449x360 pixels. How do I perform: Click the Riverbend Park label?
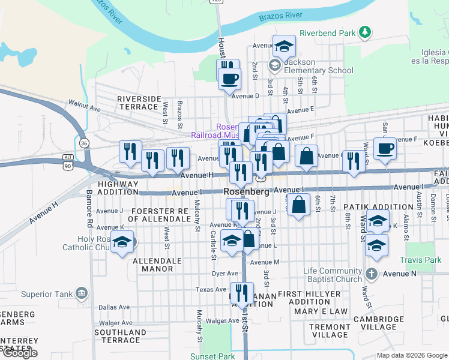tap(328, 32)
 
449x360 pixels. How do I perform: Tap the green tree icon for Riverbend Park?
tap(364, 31)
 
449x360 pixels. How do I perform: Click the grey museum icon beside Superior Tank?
tap(81, 294)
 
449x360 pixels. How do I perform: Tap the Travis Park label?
tap(424, 260)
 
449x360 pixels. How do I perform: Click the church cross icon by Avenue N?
tap(371, 274)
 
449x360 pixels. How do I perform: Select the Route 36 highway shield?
tap(84, 143)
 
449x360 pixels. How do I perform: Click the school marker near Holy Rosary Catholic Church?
tap(122, 242)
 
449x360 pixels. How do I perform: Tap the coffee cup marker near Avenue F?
tap(385, 148)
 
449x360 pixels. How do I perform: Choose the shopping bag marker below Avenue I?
tap(298, 205)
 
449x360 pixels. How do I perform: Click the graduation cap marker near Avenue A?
tap(284, 46)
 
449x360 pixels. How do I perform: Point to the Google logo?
tap(20, 353)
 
